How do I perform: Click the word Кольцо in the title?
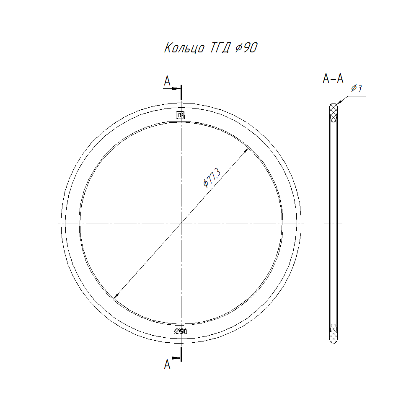tap(184, 48)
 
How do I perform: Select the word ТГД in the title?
tap(220, 48)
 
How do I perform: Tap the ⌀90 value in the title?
tap(246, 48)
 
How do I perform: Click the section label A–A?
tap(333, 78)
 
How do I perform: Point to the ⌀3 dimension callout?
tap(357, 88)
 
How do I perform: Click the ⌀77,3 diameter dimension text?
tap(212, 177)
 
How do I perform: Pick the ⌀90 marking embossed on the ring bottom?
tap(181, 331)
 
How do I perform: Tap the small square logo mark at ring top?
tap(180, 115)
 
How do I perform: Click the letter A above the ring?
tap(167, 81)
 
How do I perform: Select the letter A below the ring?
tap(167, 364)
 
